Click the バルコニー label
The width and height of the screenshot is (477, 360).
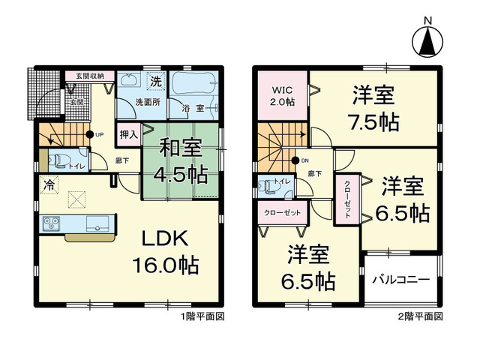pyautogui.click(x=402, y=279)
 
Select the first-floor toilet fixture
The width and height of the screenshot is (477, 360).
pyautogui.click(x=60, y=159)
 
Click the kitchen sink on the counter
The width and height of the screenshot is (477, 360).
pyautogui.click(x=98, y=223)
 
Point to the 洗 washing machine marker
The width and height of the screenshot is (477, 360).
pyautogui.click(x=156, y=81)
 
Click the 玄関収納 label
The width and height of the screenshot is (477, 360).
pyautogui.click(x=88, y=76)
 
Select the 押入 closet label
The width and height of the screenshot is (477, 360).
pyautogui.click(x=129, y=136)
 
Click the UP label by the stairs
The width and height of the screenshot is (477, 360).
pyautogui.click(x=99, y=135)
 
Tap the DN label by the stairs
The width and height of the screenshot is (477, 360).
pyautogui.click(x=304, y=160)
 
